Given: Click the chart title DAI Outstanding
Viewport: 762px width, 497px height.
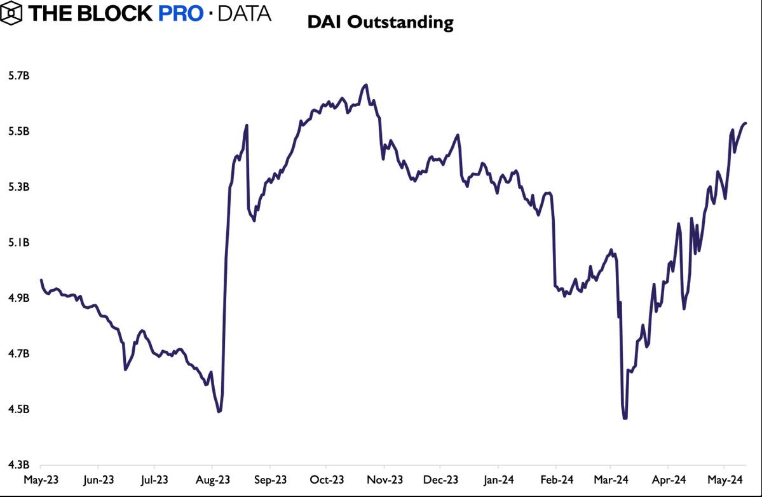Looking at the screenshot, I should tap(380, 23).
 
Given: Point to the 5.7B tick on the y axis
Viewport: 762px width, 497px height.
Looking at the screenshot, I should tap(18, 76).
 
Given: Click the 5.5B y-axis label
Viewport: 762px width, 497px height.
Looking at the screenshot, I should tap(18, 132).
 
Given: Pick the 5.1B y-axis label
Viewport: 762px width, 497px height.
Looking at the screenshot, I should tap(18, 243).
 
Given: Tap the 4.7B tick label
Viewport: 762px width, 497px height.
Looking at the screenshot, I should tap(18, 354).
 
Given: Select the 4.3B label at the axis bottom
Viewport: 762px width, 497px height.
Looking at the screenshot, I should tap(18, 465).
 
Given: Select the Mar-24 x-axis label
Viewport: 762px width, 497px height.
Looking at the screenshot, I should tap(611, 479).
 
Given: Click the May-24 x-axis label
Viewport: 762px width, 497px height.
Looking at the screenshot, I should tap(725, 479).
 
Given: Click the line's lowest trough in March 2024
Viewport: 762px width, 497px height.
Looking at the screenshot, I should tap(625, 418).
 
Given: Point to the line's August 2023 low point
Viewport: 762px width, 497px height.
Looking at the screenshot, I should tap(219, 411).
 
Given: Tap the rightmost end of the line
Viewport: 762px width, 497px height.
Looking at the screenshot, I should tap(745, 123).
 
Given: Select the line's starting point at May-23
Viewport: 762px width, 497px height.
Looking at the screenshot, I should tap(41, 280).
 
